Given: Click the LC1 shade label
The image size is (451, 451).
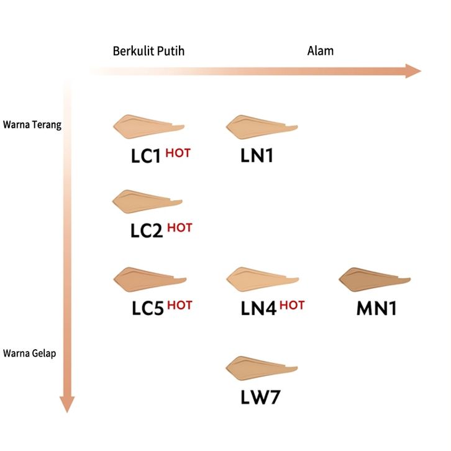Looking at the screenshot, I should click(147, 156).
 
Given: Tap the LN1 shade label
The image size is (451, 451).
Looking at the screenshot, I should click(257, 155).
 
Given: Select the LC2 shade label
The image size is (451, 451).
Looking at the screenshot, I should click(147, 231).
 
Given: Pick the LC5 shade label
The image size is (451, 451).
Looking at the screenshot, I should click(147, 307).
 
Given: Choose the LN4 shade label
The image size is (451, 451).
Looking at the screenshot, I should click(258, 307).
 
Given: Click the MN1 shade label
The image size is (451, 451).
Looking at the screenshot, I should click(376, 307).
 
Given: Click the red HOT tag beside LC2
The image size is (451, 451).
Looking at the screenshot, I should click(180, 228).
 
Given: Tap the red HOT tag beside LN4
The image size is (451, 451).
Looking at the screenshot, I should click(292, 304).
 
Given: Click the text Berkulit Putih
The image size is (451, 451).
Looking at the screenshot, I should click(148, 51).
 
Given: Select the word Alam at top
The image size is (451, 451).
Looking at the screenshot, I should click(321, 51).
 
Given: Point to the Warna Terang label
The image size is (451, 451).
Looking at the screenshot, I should click(32, 124).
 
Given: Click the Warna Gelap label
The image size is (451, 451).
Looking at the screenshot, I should click(30, 353).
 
